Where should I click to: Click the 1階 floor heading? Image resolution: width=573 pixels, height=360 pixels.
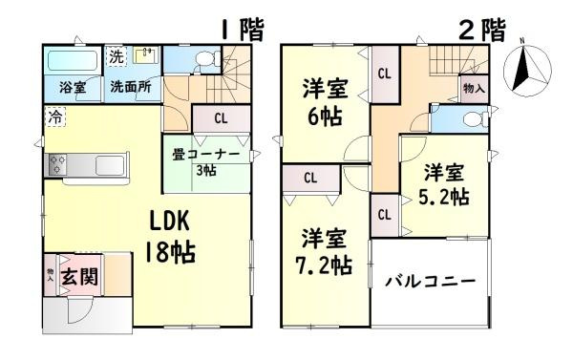tap(243, 29)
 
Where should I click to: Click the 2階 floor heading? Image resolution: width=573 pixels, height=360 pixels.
tap(481, 29)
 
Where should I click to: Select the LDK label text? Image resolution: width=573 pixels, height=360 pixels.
tap(170, 222)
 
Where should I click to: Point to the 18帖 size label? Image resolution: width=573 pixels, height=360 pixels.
tap(170, 253)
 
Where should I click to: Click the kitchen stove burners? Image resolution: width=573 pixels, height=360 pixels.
tap(55, 163)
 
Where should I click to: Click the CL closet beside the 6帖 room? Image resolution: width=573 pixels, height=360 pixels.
tap(384, 74)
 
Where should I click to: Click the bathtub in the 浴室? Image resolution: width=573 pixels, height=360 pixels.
tap(72, 61)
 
